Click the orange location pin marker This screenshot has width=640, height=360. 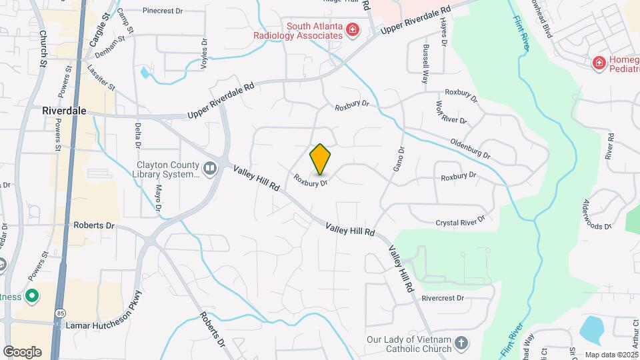click(x=320, y=159)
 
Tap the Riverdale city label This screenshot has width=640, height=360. click(x=64, y=111)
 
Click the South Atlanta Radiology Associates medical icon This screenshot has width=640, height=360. click(x=351, y=31)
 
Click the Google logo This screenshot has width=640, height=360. click(x=21, y=351)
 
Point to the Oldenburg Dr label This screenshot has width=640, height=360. click(x=470, y=149)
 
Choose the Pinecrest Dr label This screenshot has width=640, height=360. click(x=167, y=11)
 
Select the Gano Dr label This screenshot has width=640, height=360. click(x=398, y=159)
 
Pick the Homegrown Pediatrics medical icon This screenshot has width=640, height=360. click(x=599, y=63)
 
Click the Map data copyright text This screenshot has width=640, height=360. click(x=609, y=355)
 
